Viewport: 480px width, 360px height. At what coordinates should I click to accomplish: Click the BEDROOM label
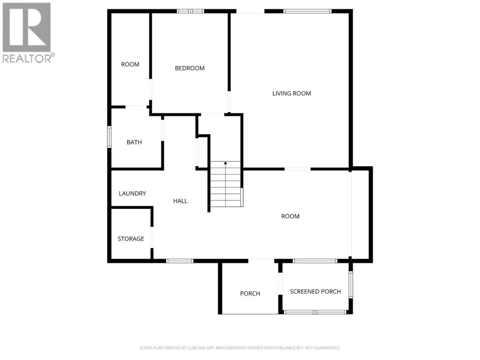point(189,68)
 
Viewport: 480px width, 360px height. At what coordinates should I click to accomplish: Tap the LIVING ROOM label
point(291,93)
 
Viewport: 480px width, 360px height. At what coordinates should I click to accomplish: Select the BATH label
point(134,142)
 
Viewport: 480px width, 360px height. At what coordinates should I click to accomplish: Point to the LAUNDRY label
point(132,193)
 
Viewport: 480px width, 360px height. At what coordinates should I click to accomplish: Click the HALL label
point(180,201)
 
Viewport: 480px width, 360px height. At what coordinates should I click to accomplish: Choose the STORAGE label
point(131,239)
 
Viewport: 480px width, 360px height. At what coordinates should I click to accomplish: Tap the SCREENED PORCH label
point(315,291)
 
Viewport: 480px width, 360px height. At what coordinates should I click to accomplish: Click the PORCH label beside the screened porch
point(250,293)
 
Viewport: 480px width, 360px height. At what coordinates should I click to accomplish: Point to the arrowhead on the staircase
point(225,163)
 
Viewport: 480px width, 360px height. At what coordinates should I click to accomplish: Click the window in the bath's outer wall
point(109,137)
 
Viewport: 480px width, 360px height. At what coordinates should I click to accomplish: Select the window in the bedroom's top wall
point(190,11)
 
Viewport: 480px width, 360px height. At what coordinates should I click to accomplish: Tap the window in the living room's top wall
point(307,11)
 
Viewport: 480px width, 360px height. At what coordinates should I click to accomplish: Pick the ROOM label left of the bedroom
point(130,64)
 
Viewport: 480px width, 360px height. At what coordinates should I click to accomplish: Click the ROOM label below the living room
point(290,216)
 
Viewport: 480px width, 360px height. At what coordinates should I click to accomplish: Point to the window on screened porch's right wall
point(351,285)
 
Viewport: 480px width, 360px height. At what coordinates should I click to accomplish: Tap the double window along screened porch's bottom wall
point(315,312)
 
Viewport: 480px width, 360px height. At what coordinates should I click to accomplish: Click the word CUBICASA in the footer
point(196,347)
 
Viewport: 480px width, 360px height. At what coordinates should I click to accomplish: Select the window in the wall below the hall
point(180,261)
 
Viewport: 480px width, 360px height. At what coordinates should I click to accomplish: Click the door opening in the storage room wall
point(152,237)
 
